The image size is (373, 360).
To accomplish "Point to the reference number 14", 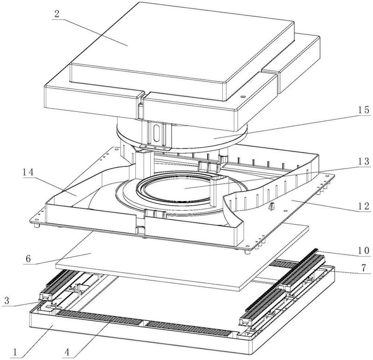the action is tap(28, 172).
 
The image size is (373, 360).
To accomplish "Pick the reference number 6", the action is tap(28, 259).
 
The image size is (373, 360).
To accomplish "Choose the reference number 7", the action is tap(364, 268).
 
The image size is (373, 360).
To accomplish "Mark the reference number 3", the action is tap(7, 300).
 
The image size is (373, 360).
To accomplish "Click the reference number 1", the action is tap(15, 352).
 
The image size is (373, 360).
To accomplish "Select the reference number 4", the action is tap(67, 352).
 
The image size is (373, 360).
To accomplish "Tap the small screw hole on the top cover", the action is tap(242, 97).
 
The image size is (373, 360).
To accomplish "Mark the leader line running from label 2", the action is tap(91, 32).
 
